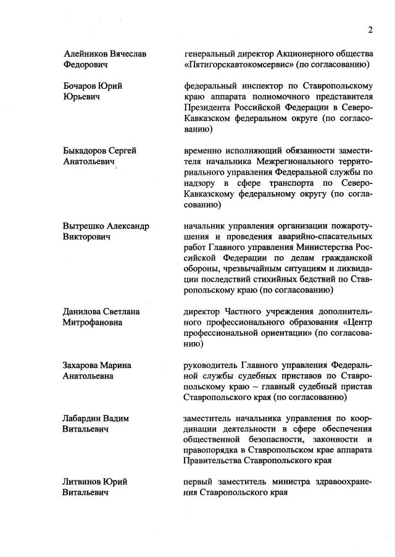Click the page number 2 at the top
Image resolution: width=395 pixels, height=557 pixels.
point(371,29)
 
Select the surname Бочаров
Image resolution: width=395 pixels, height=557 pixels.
point(80,86)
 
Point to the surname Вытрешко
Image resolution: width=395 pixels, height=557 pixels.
point(86,225)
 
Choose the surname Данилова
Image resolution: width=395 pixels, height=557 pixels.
point(83,311)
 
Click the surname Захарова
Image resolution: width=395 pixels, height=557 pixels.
point(83,365)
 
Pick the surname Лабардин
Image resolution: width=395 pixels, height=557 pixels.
point(85,418)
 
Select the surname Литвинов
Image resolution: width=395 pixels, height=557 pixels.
point(83,482)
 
